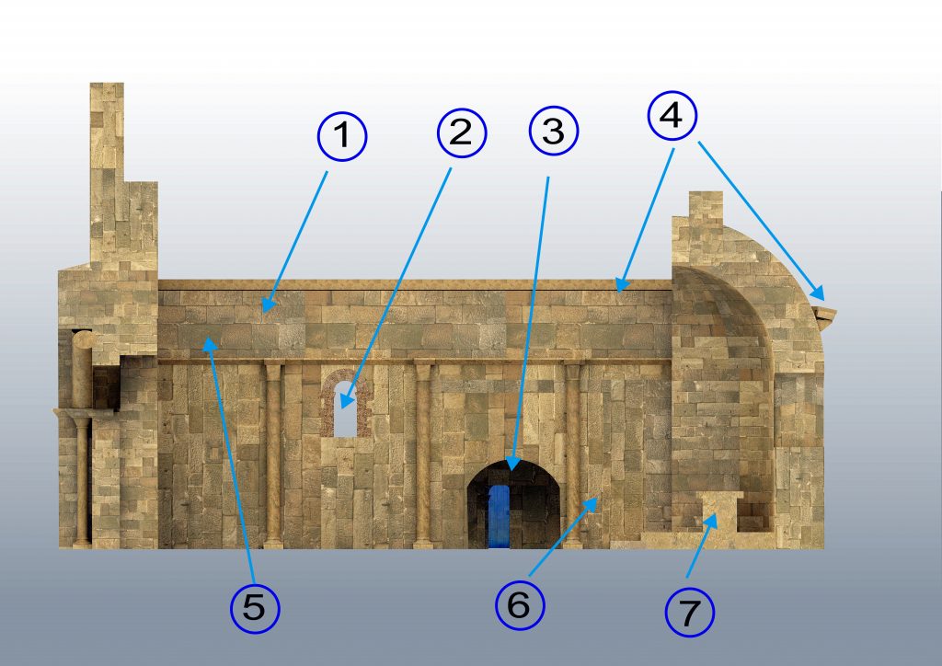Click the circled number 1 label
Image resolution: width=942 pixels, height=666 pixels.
coord(342,136)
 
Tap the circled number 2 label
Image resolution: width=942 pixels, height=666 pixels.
coord(462,132)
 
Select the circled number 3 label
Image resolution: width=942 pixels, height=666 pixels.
coord(553,131)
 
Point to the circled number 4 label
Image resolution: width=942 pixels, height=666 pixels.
coord(672,115)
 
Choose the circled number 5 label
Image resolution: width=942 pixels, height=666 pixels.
coord(255,608)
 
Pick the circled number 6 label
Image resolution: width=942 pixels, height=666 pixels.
coord(520,604)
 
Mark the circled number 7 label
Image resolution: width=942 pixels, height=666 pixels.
coord(690,612)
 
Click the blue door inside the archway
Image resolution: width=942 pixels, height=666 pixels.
coord(499,516)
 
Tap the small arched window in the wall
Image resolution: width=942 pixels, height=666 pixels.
coord(345,408)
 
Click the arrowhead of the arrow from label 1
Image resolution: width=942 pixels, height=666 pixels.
coord(268,305)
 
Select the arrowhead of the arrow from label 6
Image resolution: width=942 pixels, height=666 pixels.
coord(592,503)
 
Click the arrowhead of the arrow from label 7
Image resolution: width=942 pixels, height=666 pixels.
coord(712,522)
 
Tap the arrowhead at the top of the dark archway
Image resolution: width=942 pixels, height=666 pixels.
coord(511,464)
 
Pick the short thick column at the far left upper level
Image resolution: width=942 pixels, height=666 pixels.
coord(82,369)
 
